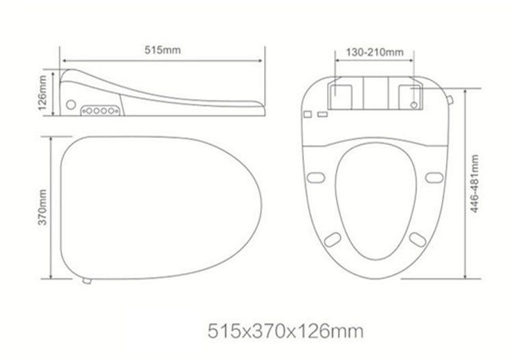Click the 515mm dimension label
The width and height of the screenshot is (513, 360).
tap(163, 50)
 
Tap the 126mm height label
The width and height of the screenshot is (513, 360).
tap(42, 93)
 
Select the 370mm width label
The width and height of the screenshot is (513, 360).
tap(42, 207)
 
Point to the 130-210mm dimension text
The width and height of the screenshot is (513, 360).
tap(375, 53)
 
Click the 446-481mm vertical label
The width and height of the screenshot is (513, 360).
tap(475, 183)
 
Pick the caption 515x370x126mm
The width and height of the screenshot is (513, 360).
tap(285, 331)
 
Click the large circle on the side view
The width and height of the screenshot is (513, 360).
tap(70, 105)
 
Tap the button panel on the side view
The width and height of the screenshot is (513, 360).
tap(101, 111)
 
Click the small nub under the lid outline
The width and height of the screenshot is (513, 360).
tap(87, 281)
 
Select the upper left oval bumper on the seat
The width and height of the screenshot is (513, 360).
tap(316, 178)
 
